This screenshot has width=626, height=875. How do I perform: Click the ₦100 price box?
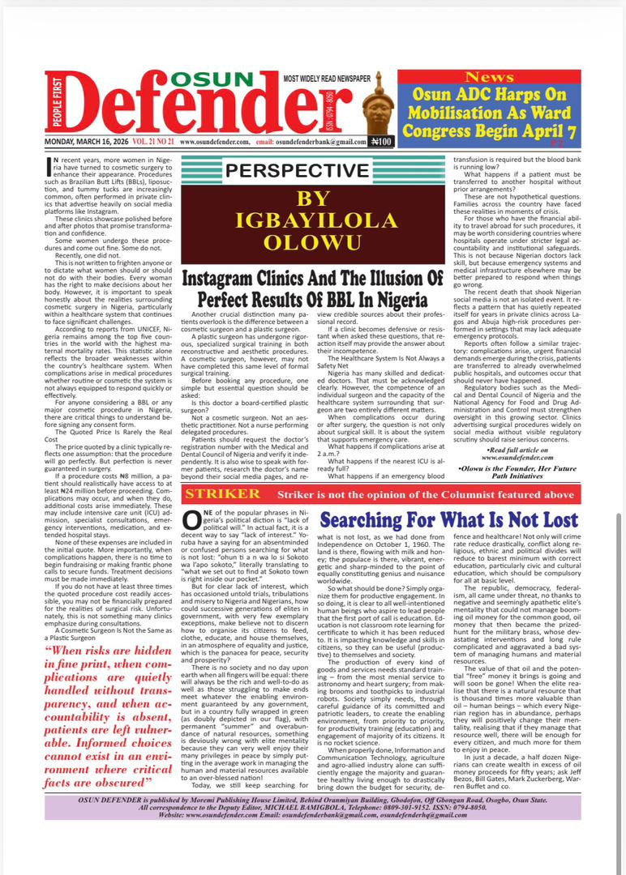(380, 142)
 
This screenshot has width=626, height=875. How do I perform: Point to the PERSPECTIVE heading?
(297, 170)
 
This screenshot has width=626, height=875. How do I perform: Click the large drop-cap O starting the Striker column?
(192, 520)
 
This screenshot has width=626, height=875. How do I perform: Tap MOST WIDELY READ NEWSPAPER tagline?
(319, 77)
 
